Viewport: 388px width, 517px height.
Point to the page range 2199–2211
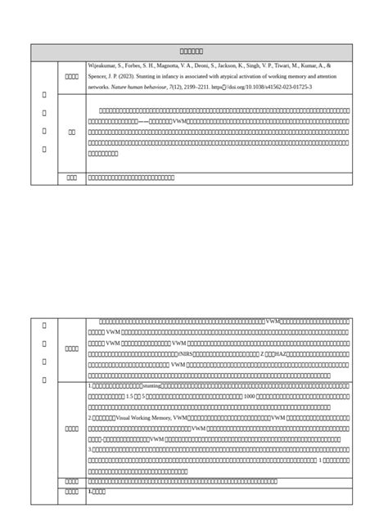pyautogui.click(x=195, y=86)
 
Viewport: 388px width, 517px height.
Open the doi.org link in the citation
pyautogui.click(x=262, y=86)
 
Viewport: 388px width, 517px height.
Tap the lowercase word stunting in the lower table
pyautogui.click(x=151, y=384)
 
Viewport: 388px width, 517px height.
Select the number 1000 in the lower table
pyautogui.click(x=250, y=396)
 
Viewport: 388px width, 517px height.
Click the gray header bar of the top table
pyautogui.click(x=192, y=52)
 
